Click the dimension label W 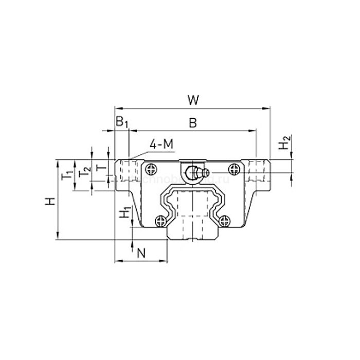(x=193, y=100)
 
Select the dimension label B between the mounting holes (x=192, y=122)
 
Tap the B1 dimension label (x=121, y=122)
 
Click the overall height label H (x=49, y=201)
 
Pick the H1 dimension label (x=123, y=212)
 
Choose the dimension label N (x=142, y=252)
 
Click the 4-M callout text (x=161, y=145)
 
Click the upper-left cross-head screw (x=151, y=168)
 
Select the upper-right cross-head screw (x=235, y=168)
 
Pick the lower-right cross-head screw (x=224, y=220)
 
